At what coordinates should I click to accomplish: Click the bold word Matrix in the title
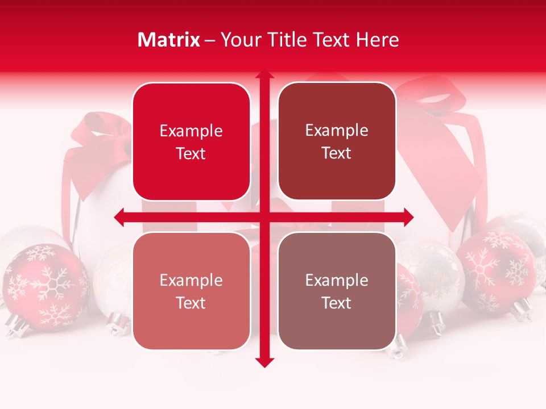169,40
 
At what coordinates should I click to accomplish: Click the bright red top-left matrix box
191,142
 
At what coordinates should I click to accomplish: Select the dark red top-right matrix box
337,141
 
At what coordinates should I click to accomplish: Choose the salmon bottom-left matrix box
191,291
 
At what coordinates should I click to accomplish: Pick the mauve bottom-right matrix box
337,291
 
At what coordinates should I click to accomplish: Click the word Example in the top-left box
191,131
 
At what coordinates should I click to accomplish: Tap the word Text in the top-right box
337,153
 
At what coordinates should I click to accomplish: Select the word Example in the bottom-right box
337,280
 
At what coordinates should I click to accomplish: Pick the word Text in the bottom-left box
191,303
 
